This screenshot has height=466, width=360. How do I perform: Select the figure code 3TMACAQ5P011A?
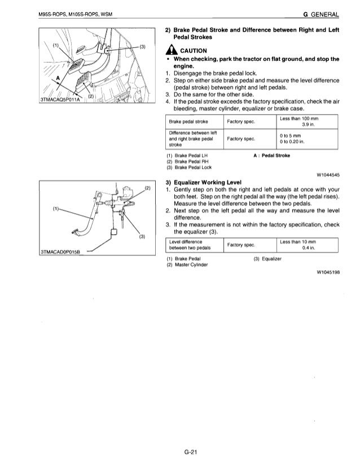(x=59, y=101)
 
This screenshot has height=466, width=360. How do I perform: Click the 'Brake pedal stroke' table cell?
(x=189, y=121)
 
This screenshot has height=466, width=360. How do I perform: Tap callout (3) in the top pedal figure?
(x=143, y=46)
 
